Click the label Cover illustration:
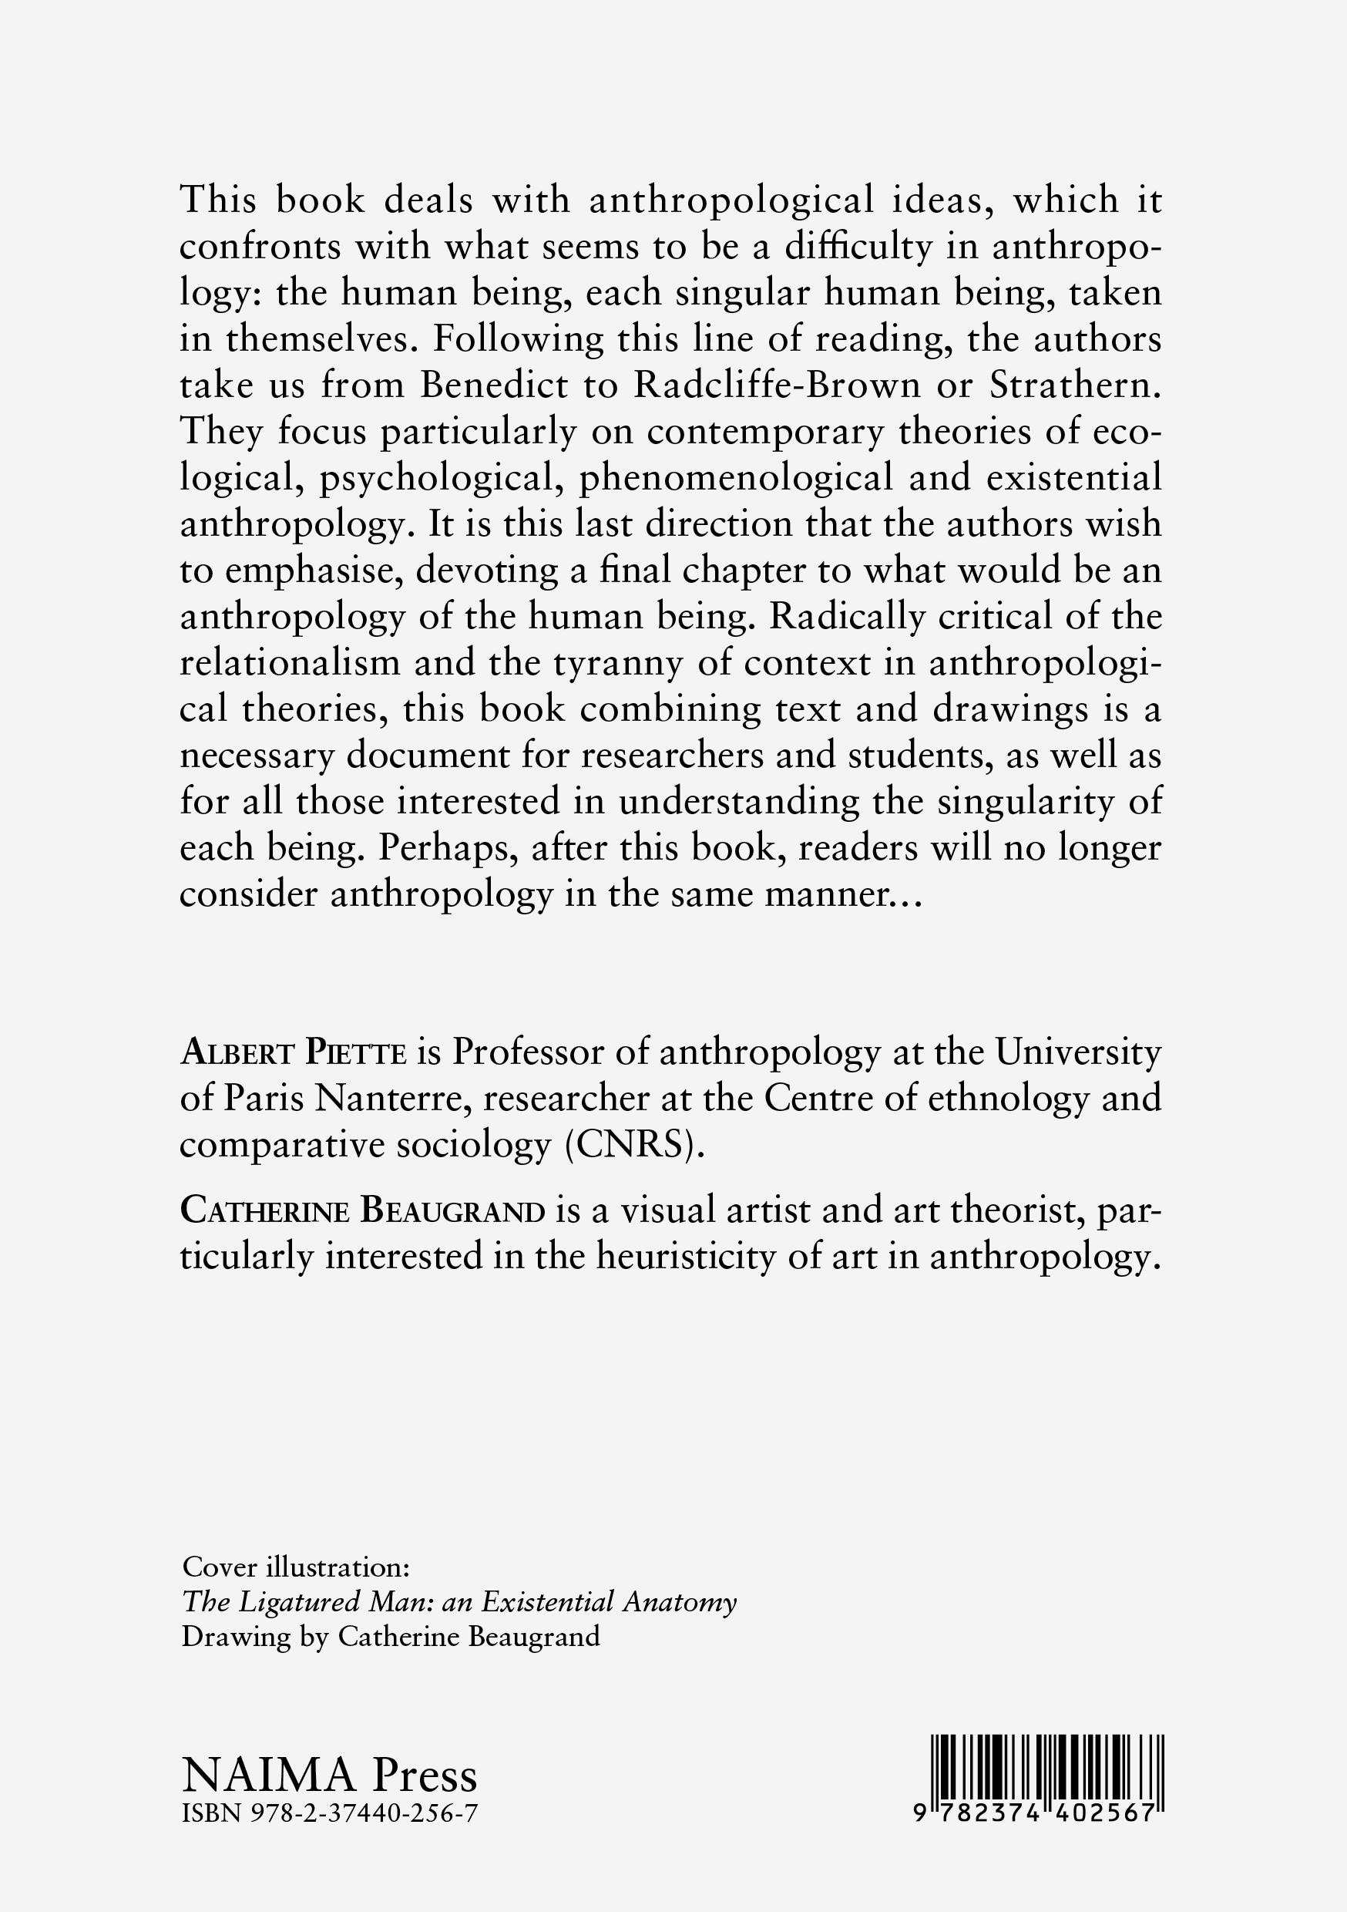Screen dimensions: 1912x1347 pyautogui.click(x=296, y=1567)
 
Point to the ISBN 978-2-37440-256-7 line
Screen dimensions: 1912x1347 pyautogui.click(x=330, y=1812)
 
